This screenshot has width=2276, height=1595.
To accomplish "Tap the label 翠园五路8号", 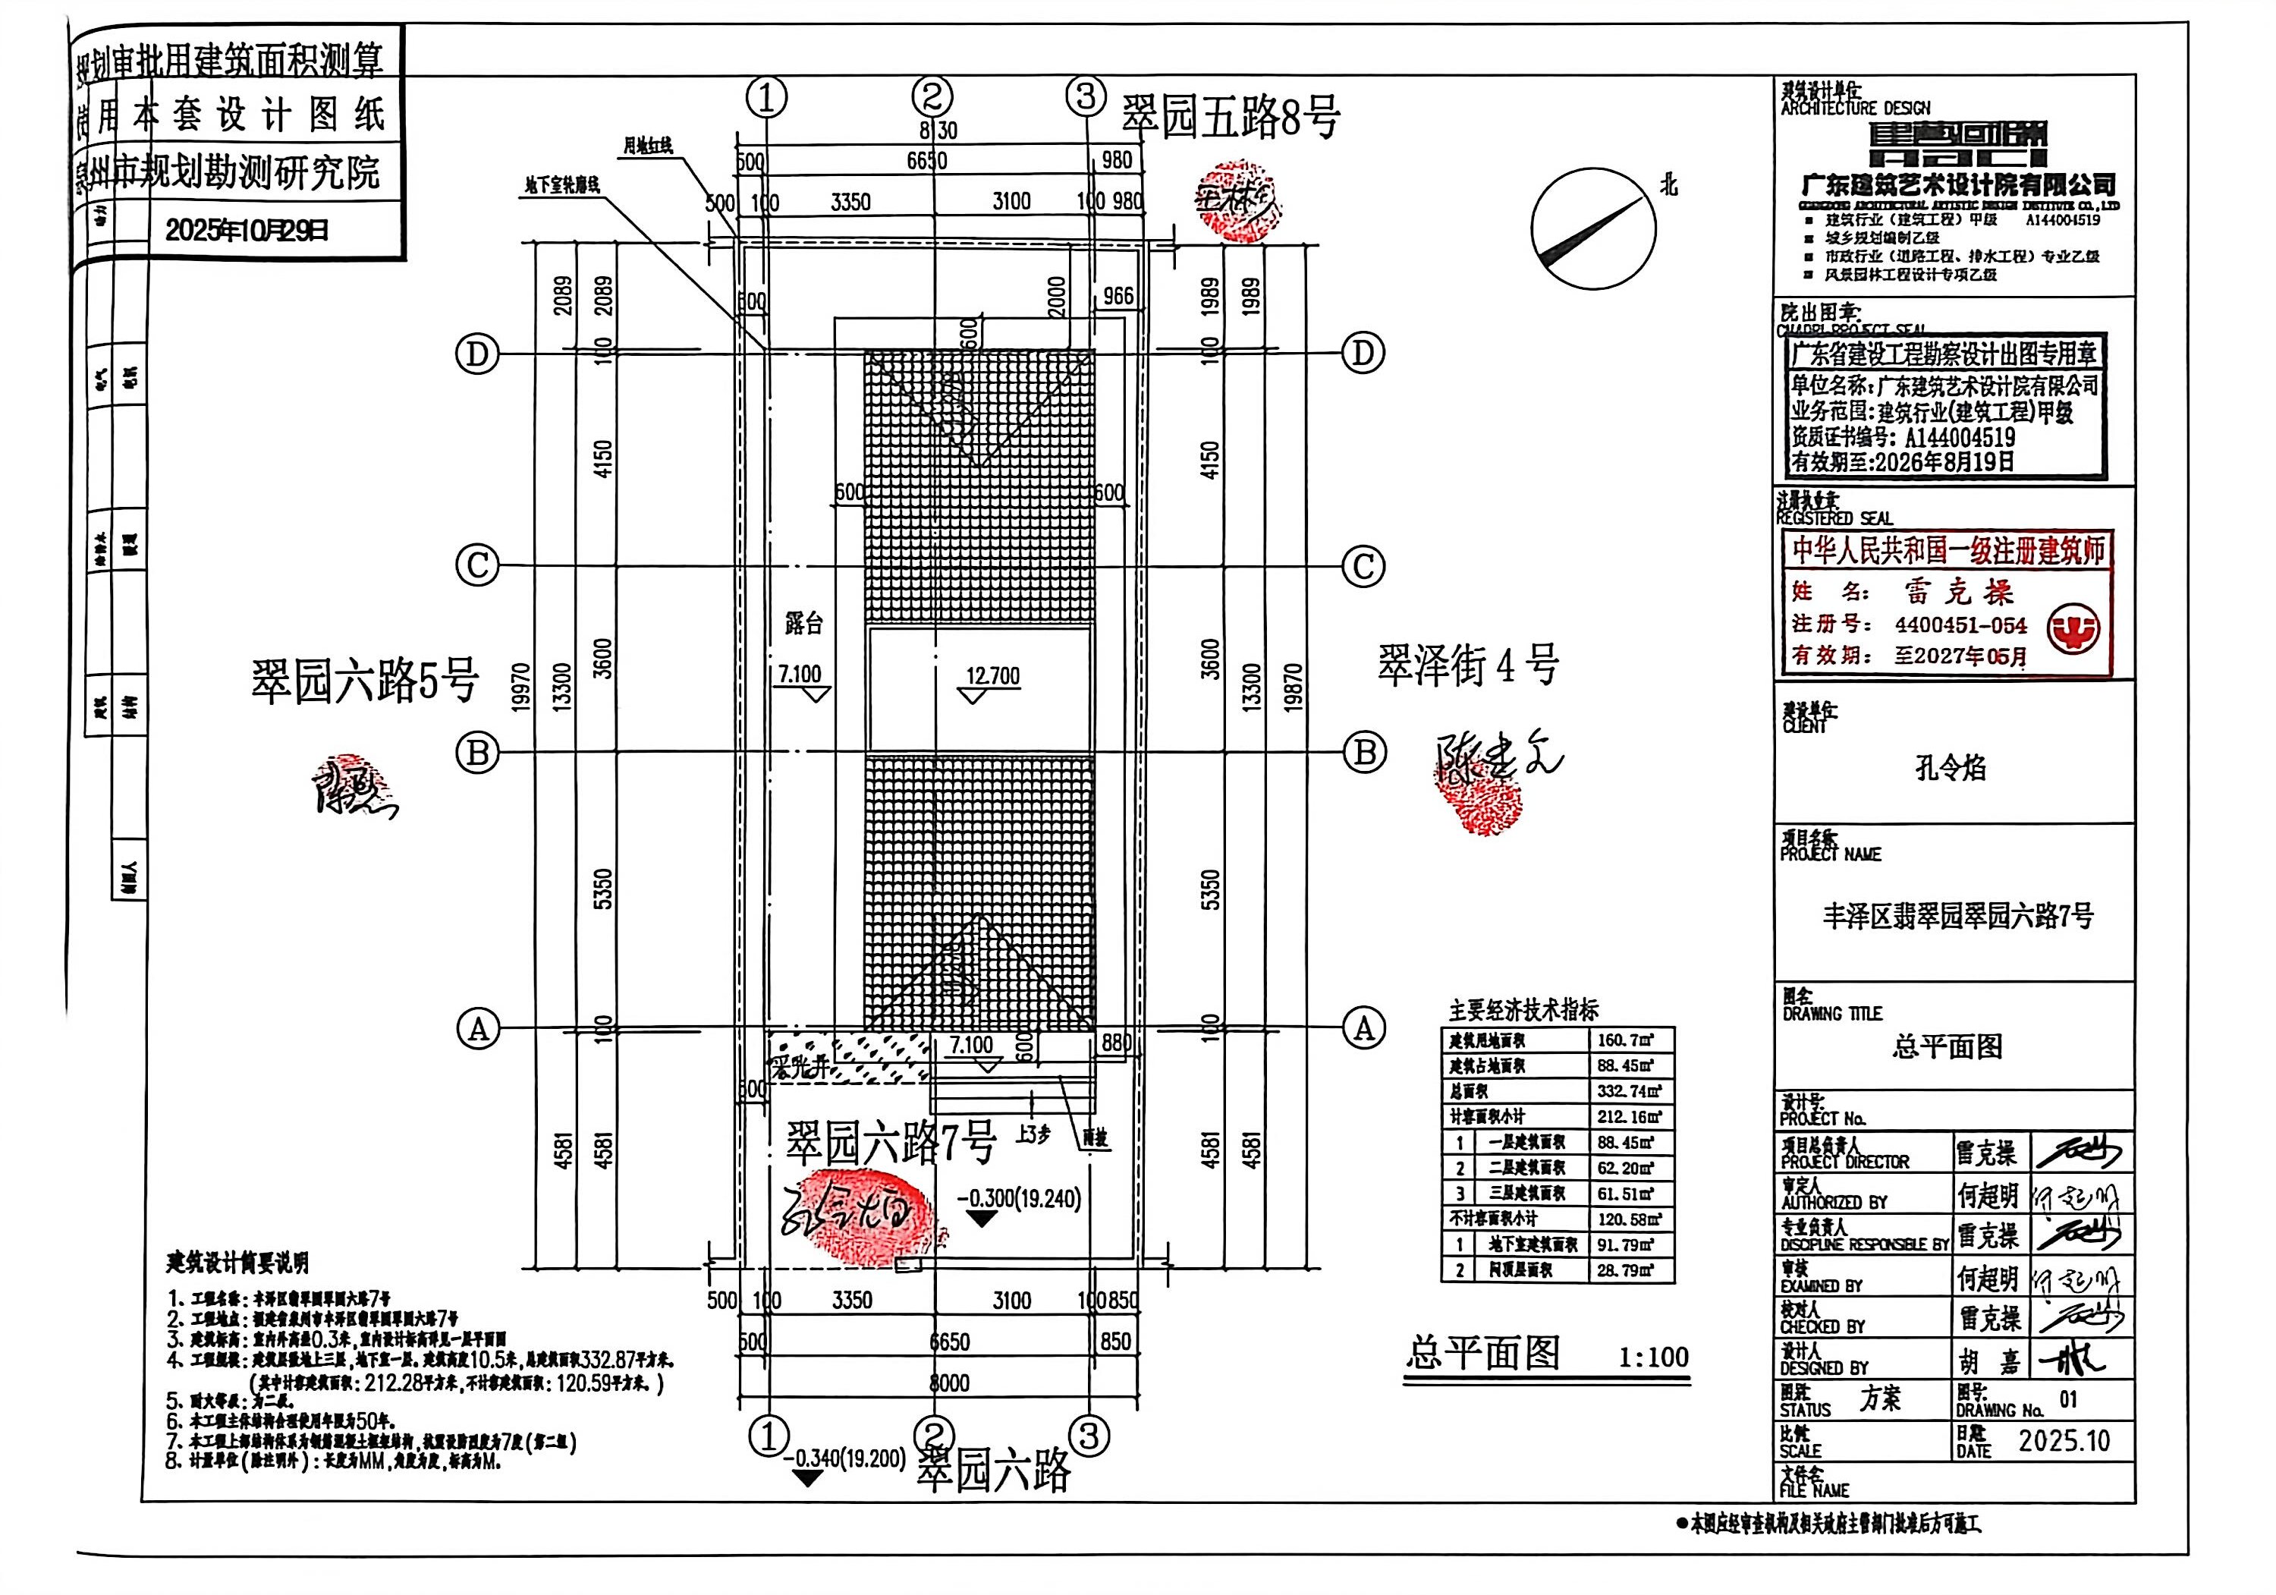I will coord(1231,117).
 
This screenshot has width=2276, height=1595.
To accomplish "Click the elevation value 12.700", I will coord(992,676).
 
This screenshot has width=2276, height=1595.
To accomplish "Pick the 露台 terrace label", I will coord(804,624).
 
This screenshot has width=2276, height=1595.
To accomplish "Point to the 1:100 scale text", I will coord(1652,1356).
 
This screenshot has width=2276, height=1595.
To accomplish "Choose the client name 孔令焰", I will coord(1950,768).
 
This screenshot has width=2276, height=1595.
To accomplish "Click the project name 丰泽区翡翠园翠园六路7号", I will coord(1958,916).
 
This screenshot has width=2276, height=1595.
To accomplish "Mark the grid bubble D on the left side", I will coord(476,354).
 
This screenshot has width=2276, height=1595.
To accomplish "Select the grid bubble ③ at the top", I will coord(1086,97).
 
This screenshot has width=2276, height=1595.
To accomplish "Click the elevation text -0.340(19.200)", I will coord(844,1458).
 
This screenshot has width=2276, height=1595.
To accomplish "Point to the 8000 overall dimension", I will coord(948,1382).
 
